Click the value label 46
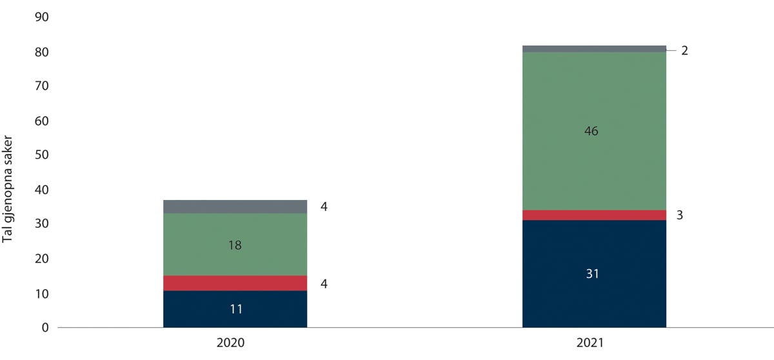click(x=591, y=131)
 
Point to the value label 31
click(x=593, y=274)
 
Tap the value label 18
click(x=235, y=245)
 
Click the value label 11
click(x=236, y=309)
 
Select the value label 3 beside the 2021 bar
click(x=680, y=215)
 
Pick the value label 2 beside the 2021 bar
click(x=684, y=50)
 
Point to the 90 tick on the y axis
click(x=41, y=17)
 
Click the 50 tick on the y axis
click(x=41, y=155)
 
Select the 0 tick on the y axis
click(x=45, y=328)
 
